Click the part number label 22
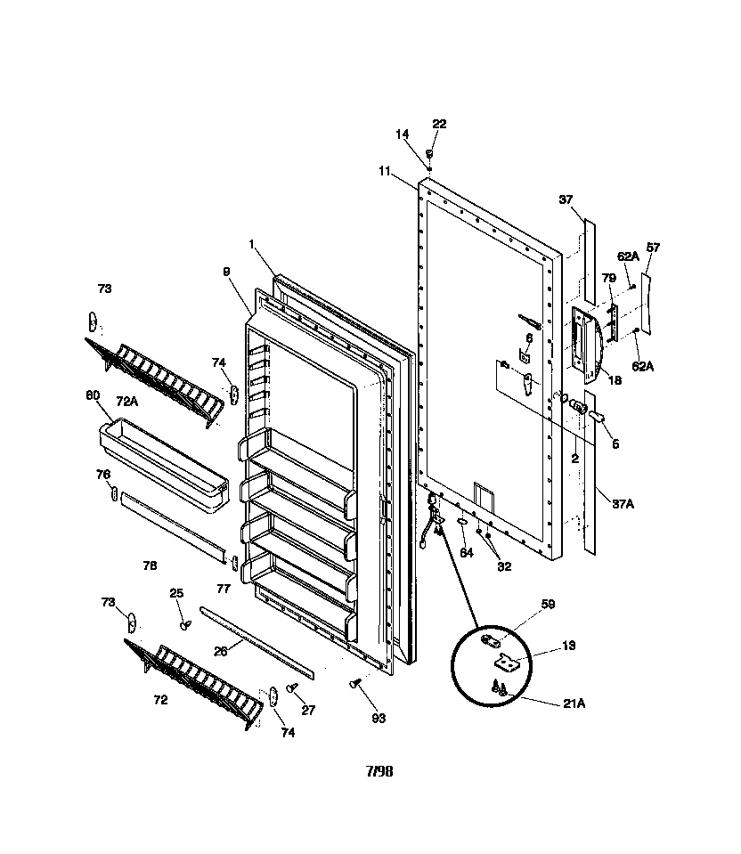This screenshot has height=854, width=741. [x=439, y=124]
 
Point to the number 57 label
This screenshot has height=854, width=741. [x=652, y=248]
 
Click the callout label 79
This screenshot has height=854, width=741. [x=608, y=278]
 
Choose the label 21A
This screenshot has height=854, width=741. [x=574, y=703]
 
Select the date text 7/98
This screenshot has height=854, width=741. [x=379, y=771]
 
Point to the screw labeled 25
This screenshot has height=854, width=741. [x=185, y=624]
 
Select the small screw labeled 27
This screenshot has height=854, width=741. [x=291, y=689]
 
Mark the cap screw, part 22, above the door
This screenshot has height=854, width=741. [x=429, y=153]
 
